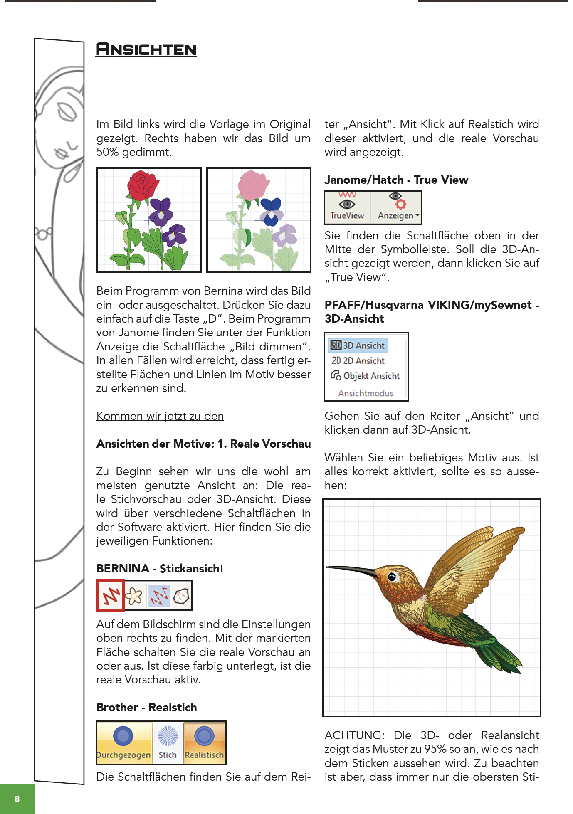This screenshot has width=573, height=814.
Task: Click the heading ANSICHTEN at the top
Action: coord(146,49)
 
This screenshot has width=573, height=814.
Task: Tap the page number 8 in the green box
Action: coord(17,799)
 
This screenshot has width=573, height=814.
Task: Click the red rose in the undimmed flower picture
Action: coord(143,185)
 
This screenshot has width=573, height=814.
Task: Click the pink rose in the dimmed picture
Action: coord(253,185)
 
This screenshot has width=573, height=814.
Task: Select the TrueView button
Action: coord(347,207)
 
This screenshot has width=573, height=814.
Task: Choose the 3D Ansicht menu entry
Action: coord(358,345)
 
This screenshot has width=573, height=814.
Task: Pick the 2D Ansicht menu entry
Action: coord(358,360)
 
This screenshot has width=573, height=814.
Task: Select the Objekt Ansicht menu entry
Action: coord(366,376)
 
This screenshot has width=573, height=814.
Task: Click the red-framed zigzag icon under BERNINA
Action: coord(111,596)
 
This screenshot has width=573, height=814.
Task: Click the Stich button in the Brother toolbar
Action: coord(168,742)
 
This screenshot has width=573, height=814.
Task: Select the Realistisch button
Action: coord(204,742)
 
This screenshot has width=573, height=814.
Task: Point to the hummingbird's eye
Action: coord(392,577)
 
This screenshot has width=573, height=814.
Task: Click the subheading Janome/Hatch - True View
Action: coord(396,180)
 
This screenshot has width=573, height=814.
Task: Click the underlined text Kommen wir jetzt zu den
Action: coord(160,416)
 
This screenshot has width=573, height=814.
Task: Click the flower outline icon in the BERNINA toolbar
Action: coord(134,596)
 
